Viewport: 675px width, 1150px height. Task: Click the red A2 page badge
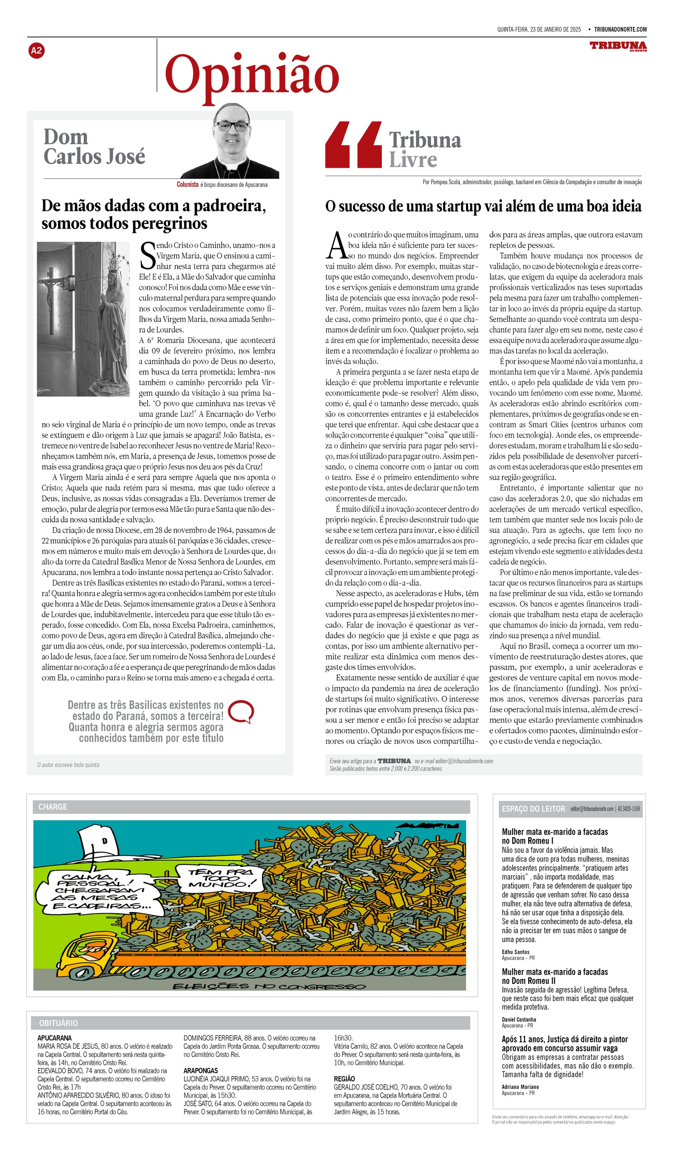click(x=36, y=51)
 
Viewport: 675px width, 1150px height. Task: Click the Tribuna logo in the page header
click(x=618, y=46)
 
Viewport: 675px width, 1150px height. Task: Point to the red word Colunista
click(x=187, y=184)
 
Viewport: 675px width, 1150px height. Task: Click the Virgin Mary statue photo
click(x=83, y=319)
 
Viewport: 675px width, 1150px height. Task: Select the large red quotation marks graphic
click(x=353, y=144)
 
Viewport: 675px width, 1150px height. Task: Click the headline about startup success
click(x=483, y=206)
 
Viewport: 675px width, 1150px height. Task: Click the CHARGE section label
click(x=52, y=807)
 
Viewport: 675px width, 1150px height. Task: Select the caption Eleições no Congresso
click(x=269, y=986)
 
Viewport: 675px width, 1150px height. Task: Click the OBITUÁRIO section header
click(x=58, y=1023)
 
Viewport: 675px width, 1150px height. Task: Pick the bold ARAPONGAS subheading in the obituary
click(x=201, y=1070)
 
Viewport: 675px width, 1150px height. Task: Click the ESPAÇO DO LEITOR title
click(x=533, y=809)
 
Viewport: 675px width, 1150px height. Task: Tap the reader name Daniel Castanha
click(x=519, y=1019)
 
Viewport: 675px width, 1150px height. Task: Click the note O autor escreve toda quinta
click(x=68, y=765)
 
